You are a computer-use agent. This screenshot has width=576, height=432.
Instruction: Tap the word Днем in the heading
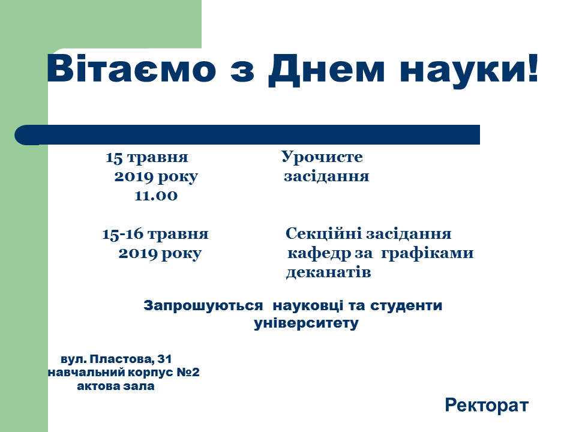pyautogui.click(x=326, y=70)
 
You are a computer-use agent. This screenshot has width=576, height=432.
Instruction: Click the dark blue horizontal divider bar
pyautogui.click(x=247, y=135)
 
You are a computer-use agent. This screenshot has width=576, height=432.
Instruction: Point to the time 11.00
pyautogui.click(x=156, y=196)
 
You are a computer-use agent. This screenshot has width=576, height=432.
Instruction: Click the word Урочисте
pyautogui.click(x=322, y=158)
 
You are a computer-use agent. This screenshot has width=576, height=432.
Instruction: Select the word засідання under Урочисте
pyautogui.click(x=326, y=176)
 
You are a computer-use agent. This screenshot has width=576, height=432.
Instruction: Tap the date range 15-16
pyautogui.click(x=122, y=234)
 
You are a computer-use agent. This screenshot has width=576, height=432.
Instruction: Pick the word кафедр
pyautogui.click(x=319, y=254)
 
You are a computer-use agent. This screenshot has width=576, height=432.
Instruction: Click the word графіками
pyautogui.click(x=427, y=254)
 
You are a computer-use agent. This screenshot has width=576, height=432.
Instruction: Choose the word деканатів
pyautogui.click(x=328, y=273)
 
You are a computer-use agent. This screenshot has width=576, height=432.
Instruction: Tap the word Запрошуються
pyautogui.click(x=203, y=305)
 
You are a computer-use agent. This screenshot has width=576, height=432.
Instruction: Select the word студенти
pyautogui.click(x=406, y=305)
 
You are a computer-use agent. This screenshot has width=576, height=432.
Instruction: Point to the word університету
pyautogui.click(x=306, y=323)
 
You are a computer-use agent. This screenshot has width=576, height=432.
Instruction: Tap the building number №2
pyautogui.click(x=188, y=372)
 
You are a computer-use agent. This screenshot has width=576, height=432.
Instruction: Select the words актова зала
pyautogui.click(x=116, y=386)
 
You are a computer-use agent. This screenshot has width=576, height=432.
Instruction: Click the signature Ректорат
pyautogui.click(x=487, y=405)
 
